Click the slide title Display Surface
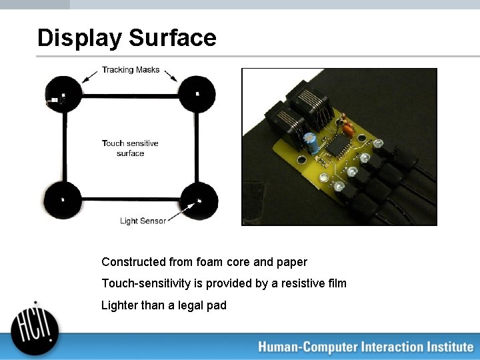127,37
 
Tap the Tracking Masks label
131,70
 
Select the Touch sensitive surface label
130,148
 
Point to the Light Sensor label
143,221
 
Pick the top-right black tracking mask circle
197,94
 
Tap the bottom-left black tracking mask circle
63,199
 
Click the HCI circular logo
35,327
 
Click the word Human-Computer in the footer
307,347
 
